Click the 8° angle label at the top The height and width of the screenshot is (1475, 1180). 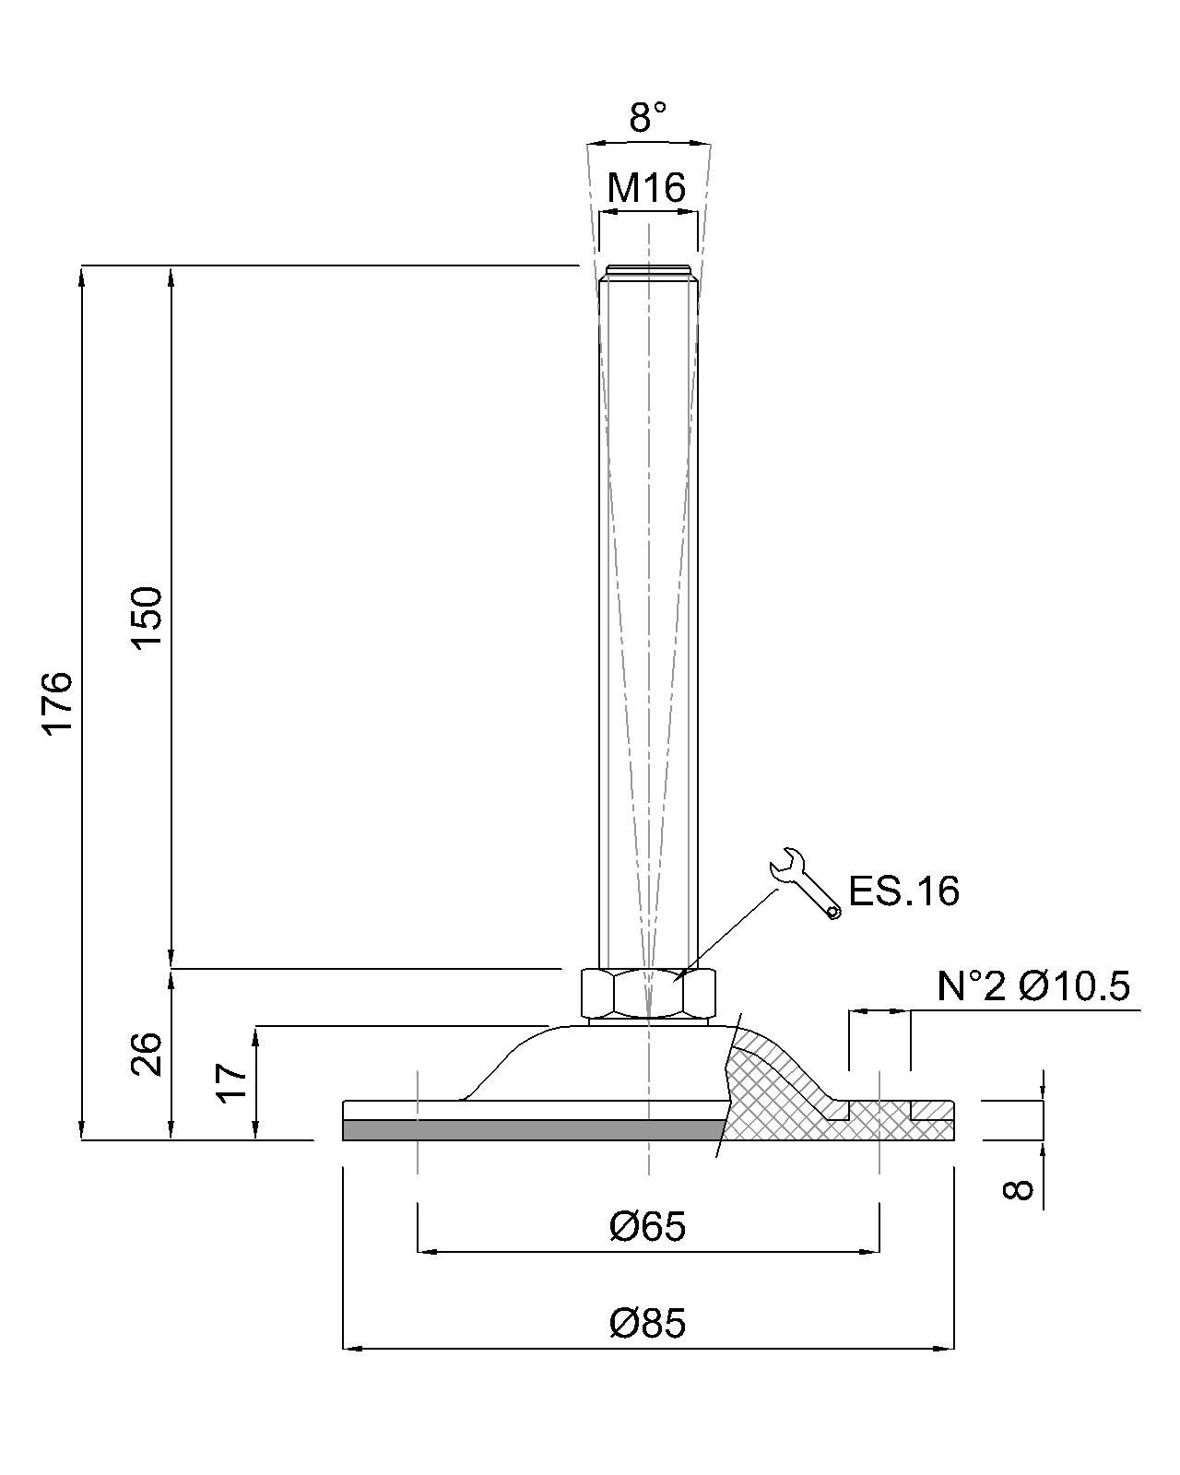[x=648, y=118]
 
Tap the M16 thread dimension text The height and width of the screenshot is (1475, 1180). [x=647, y=188]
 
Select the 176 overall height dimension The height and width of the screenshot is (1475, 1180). [x=58, y=702]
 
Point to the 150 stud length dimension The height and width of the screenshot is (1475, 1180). [x=147, y=617]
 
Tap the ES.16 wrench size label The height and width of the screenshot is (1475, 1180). [x=903, y=891]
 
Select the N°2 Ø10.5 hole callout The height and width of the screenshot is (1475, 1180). [x=1032, y=986]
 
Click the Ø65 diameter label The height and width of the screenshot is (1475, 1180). [x=647, y=1227]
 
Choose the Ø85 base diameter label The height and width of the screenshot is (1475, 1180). [x=647, y=1324]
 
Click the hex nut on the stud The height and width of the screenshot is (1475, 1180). [x=648, y=992]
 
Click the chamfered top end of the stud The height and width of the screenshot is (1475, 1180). [x=648, y=273]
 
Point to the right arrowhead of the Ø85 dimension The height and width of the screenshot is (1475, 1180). [x=946, y=1349]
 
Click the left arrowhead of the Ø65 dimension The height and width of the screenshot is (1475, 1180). [x=427, y=1252]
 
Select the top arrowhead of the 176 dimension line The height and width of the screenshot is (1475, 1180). [x=83, y=275]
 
